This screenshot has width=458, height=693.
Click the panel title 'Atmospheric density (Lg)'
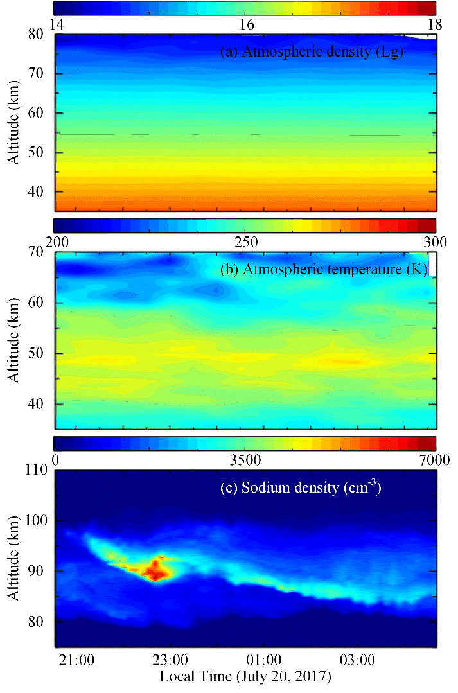tap(312, 53)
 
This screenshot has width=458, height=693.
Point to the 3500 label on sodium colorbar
tap(246, 460)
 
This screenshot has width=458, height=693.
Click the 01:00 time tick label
tap(264, 660)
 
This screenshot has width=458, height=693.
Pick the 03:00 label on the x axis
tap(357, 660)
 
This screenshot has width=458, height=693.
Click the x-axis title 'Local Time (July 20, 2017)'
tap(245, 676)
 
